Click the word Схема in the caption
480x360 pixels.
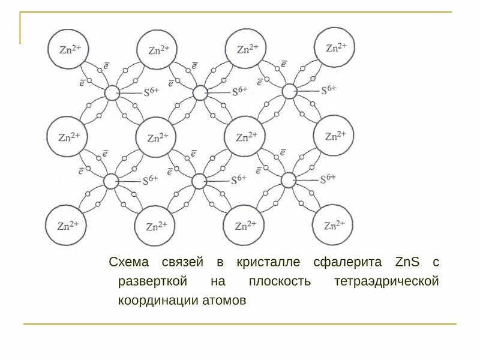point(129,262)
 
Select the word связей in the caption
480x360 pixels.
point(182,262)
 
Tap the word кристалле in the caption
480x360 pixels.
point(268,262)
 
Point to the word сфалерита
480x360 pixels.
point(348,262)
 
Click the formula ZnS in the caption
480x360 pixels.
point(407,262)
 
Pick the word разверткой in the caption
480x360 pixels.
point(152,281)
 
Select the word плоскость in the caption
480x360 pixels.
point(280,281)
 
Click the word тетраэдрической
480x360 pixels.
point(386,281)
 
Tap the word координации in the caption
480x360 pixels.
point(158,301)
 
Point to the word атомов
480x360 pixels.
point(224,301)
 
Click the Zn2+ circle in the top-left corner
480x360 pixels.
point(68,49)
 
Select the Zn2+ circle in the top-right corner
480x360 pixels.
point(335,47)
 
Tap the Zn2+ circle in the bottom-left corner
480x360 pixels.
point(66,226)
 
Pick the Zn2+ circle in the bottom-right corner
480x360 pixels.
point(333,225)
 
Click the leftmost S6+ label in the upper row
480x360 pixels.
point(151,91)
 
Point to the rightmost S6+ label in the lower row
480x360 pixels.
point(328,178)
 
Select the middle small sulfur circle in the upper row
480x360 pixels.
point(200,93)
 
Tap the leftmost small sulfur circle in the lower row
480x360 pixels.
point(111,182)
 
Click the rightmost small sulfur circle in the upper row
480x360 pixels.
point(289,91)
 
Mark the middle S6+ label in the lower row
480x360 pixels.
point(239,179)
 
